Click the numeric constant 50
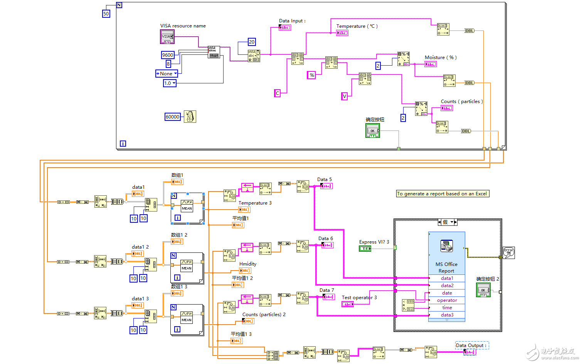click(x=106, y=14)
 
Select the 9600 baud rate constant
click(x=168, y=55)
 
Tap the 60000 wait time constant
click(x=172, y=117)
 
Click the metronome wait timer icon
click(x=190, y=117)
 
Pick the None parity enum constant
click(x=167, y=73)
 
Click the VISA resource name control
click(x=167, y=37)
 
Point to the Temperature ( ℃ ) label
click(x=357, y=26)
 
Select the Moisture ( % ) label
click(x=441, y=58)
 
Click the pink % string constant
click(x=312, y=75)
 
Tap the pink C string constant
click(x=277, y=93)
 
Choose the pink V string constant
click(x=345, y=96)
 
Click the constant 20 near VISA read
click(x=252, y=42)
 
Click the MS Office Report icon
click(x=446, y=246)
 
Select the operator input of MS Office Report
click(x=447, y=300)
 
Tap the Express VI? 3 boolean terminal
click(x=365, y=249)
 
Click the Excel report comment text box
click(x=442, y=194)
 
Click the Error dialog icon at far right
click(x=509, y=253)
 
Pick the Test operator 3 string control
click(x=348, y=304)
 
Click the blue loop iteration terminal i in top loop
click(x=123, y=144)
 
